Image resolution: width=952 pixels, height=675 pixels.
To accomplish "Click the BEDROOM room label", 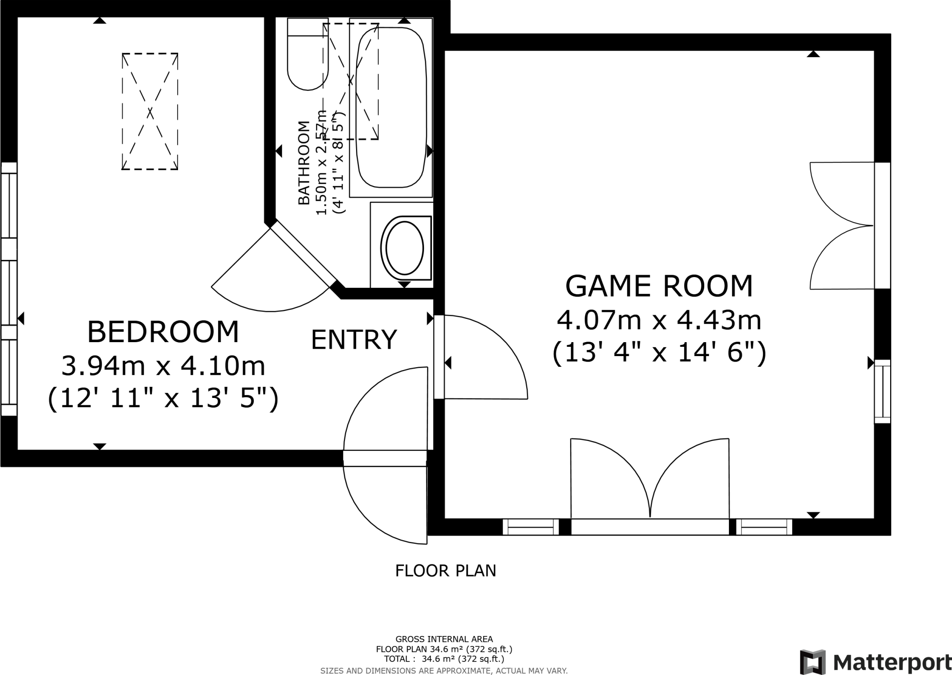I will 163,332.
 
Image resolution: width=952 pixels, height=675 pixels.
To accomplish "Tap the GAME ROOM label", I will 659,286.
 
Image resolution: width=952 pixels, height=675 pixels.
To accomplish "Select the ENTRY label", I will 354,339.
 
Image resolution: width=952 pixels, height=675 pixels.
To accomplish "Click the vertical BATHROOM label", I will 304,163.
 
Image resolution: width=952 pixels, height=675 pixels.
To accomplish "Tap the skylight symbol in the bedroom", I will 150,111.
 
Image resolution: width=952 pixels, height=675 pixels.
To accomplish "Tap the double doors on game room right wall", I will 841,225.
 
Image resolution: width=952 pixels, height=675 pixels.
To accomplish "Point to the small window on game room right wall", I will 882,391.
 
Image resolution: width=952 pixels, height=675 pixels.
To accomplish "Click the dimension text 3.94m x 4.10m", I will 163,366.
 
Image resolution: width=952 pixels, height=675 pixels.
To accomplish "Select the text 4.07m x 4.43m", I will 659,321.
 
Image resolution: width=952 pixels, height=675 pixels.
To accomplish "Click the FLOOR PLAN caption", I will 445,570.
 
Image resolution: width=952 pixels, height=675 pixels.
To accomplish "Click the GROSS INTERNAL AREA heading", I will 444,639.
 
